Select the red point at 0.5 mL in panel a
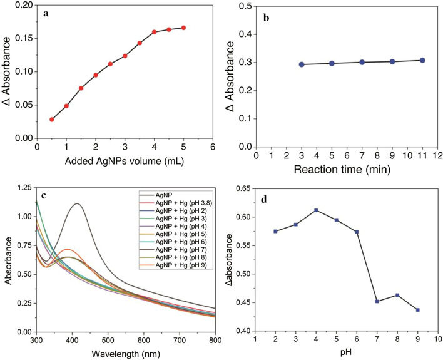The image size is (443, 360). pos(51,120)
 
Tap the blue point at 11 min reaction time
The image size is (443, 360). pos(423,60)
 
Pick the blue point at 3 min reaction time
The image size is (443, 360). pos(302,64)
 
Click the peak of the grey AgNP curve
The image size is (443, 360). pos(78,203)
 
